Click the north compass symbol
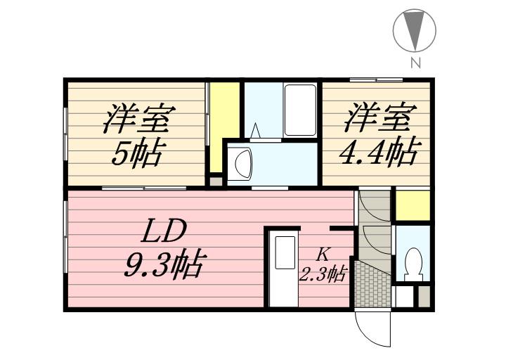415,31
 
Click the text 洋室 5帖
136,135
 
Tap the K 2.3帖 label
323,264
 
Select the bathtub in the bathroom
300,110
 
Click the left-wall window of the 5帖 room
65,134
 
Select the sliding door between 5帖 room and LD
144,188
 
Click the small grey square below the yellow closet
216,181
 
